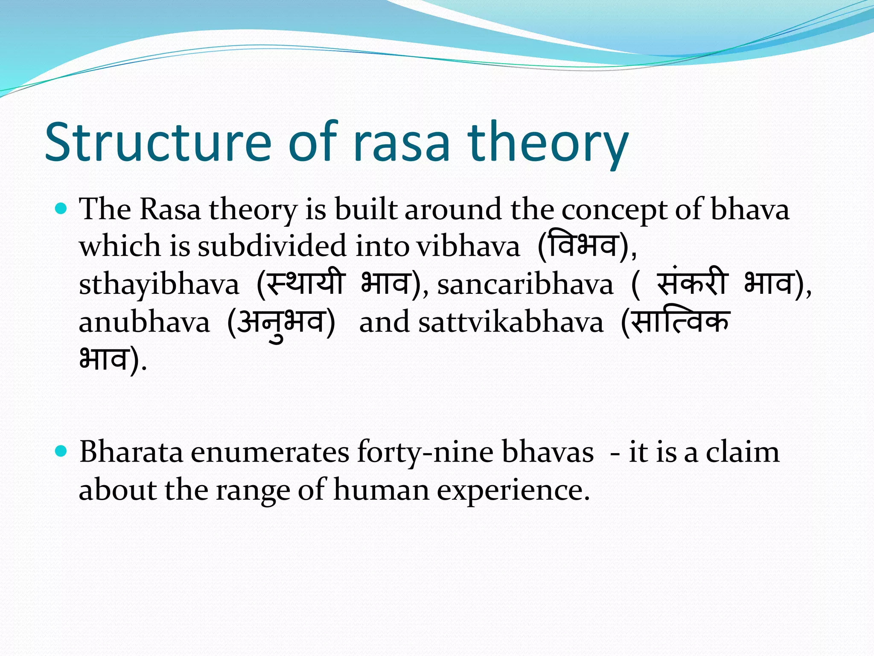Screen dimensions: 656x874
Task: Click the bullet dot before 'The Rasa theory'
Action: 62,209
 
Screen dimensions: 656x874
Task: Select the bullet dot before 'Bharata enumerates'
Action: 62,451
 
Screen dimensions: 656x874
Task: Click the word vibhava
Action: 468,247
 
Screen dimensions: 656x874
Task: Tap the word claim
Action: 742,452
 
